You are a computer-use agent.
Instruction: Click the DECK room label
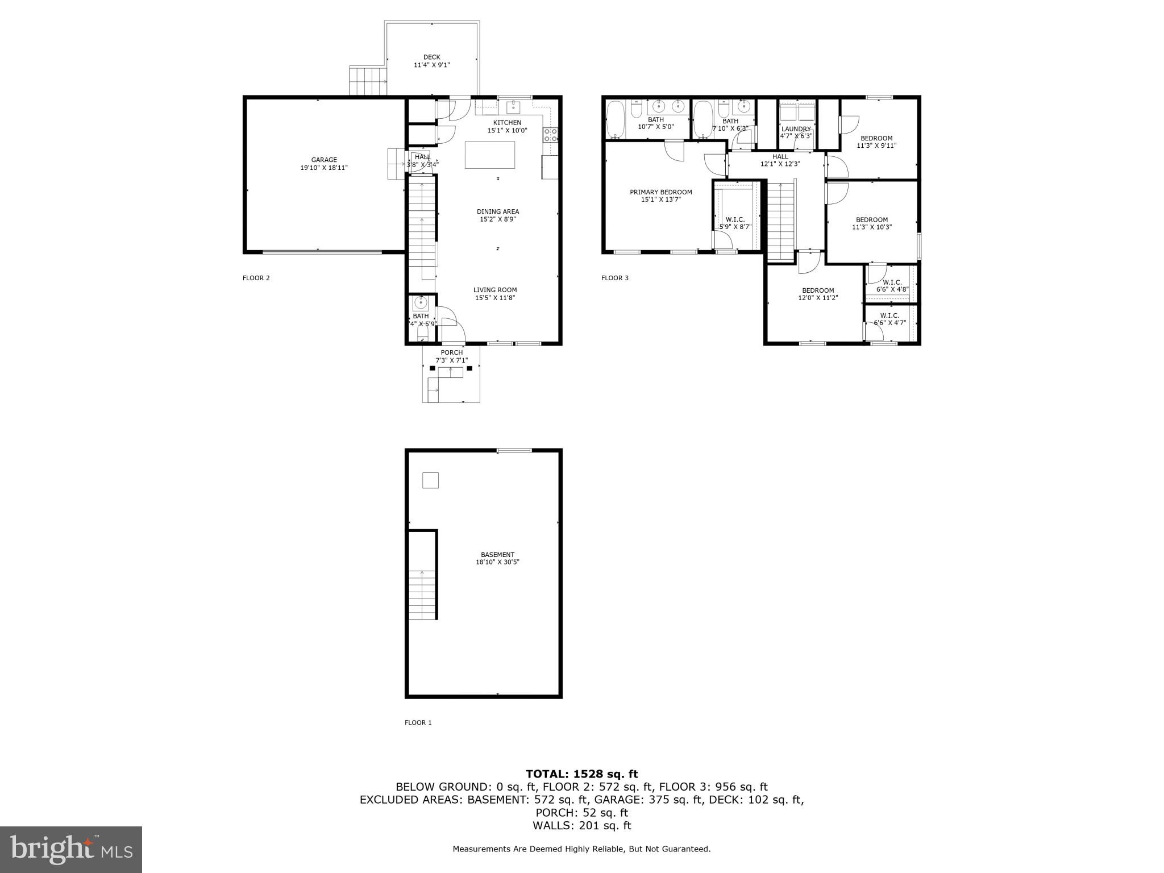[431, 57]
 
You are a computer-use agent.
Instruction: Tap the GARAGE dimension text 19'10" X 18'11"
[323, 168]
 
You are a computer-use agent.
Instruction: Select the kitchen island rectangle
[489, 155]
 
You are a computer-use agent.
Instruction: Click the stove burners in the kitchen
[550, 135]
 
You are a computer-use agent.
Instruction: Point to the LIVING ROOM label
[494, 290]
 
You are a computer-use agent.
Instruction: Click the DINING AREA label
[497, 211]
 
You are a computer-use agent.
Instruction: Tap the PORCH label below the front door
[451, 352]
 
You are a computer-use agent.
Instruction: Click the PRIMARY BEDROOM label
[660, 192]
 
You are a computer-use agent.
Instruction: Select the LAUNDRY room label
[796, 129]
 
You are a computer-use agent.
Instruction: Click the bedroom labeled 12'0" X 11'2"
[818, 294]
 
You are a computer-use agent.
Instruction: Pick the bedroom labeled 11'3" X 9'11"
[876, 142]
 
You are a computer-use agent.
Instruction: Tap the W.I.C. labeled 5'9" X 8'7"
[735, 223]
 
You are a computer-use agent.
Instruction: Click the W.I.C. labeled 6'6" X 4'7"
[889, 319]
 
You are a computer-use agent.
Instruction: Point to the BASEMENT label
[497, 555]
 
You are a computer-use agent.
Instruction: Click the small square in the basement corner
[430, 480]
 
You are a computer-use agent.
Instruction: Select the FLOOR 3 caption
[614, 278]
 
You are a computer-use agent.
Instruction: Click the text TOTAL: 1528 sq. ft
[581, 774]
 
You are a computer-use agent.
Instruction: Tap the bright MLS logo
[71, 849]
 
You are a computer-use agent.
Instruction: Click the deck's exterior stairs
[367, 81]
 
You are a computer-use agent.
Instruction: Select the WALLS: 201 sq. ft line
[581, 826]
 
